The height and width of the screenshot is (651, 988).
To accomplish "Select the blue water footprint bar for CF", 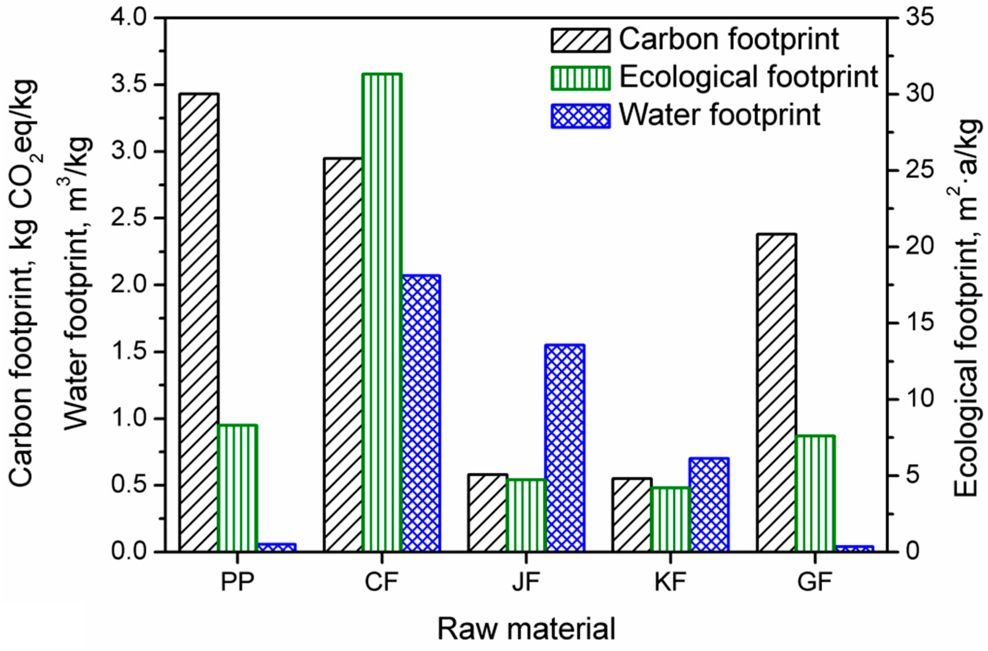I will pos(421,413).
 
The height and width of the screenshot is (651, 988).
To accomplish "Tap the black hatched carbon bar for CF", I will pos(343,355).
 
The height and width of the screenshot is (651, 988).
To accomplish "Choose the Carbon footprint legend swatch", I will pos(580,40).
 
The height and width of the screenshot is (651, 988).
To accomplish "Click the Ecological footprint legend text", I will pos(748,77).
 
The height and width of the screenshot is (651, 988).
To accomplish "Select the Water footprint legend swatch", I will pos(580,116).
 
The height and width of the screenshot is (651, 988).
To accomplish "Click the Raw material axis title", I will pos(526,629).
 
